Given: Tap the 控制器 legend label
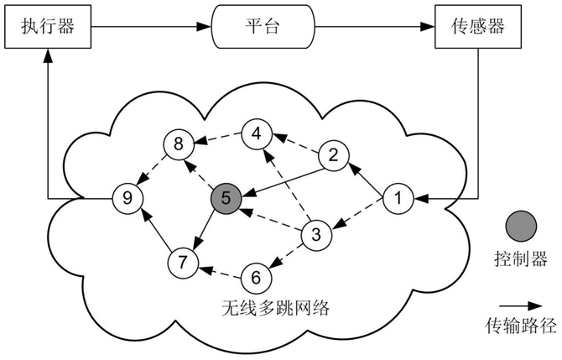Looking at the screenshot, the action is tap(521, 258).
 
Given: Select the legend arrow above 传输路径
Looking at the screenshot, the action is tap(521, 305).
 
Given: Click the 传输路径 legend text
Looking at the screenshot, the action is tap(521, 326).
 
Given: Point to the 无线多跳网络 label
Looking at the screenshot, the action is tap(275, 308).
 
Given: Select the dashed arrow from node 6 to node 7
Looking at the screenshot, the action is tap(221, 273).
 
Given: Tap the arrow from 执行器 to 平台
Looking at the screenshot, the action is tap(151, 27).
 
